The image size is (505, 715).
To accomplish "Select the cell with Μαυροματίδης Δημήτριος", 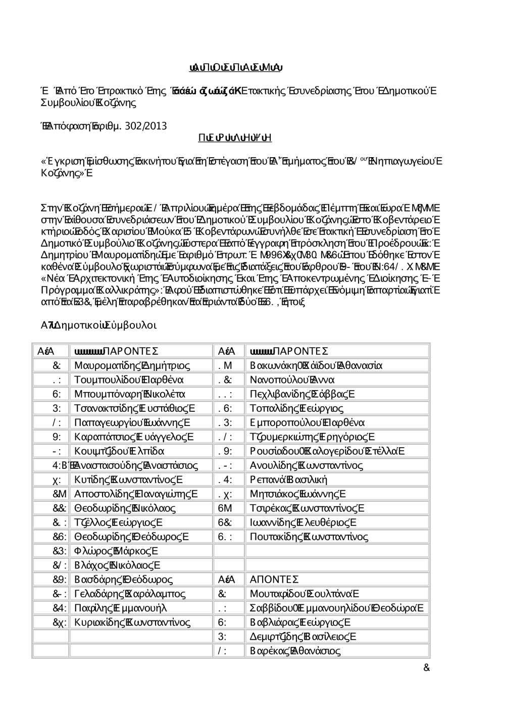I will [x=132, y=365].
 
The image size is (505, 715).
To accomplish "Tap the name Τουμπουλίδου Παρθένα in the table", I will [x=129, y=379].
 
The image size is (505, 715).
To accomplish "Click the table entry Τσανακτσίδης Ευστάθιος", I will [x=134, y=408].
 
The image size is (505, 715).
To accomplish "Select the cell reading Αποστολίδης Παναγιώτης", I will [x=136, y=494].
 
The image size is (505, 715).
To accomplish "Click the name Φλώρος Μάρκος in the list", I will [x=116, y=551].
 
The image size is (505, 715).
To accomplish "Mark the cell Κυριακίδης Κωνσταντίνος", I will [x=132, y=622].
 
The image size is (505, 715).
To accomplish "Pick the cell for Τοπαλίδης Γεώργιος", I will [x=296, y=408].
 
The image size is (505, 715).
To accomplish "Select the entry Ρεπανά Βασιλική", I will [x=289, y=480].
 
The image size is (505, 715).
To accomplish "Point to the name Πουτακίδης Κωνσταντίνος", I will [x=309, y=537].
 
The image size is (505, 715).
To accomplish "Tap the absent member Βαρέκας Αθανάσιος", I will [x=295, y=651].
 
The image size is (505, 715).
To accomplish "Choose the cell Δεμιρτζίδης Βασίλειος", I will [x=303, y=637].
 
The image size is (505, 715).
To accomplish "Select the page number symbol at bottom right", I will [x=426, y=668].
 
